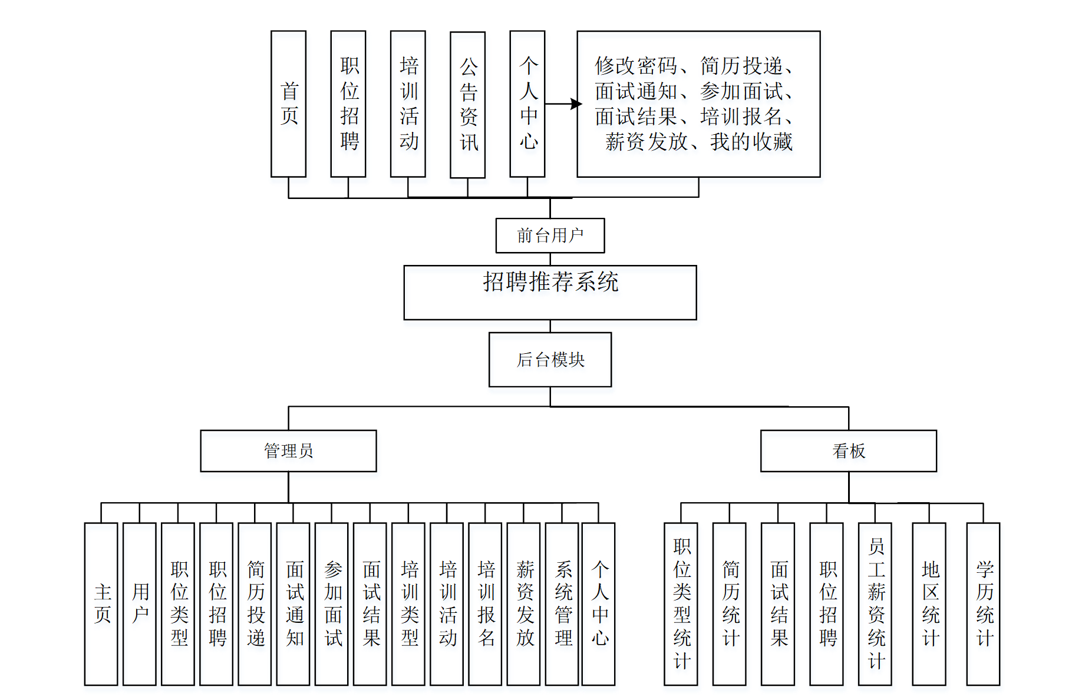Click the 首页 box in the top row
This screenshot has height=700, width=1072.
(288, 104)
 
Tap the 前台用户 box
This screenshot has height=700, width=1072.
(550, 235)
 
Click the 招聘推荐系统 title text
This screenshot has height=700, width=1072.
(550, 282)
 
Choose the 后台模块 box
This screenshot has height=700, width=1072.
(550, 360)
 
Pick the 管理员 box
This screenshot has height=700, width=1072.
(288, 451)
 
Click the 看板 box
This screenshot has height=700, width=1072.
(848, 451)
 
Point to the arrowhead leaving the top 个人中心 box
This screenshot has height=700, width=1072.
(576, 104)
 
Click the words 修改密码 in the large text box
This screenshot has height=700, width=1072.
(636, 66)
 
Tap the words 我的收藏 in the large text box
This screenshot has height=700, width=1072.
(751, 142)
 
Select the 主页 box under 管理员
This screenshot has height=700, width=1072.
(101, 604)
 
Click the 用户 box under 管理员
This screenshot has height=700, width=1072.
(140, 604)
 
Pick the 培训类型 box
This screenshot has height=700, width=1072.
(408, 604)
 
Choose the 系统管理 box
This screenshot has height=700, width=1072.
(562, 604)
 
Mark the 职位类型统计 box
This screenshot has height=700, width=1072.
(681, 604)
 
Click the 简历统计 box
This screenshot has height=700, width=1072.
(730, 604)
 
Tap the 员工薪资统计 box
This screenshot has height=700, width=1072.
(875, 604)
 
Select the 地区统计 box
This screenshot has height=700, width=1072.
(929, 604)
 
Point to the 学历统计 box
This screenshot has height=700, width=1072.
(984, 604)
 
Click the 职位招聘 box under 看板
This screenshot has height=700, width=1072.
(827, 604)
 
